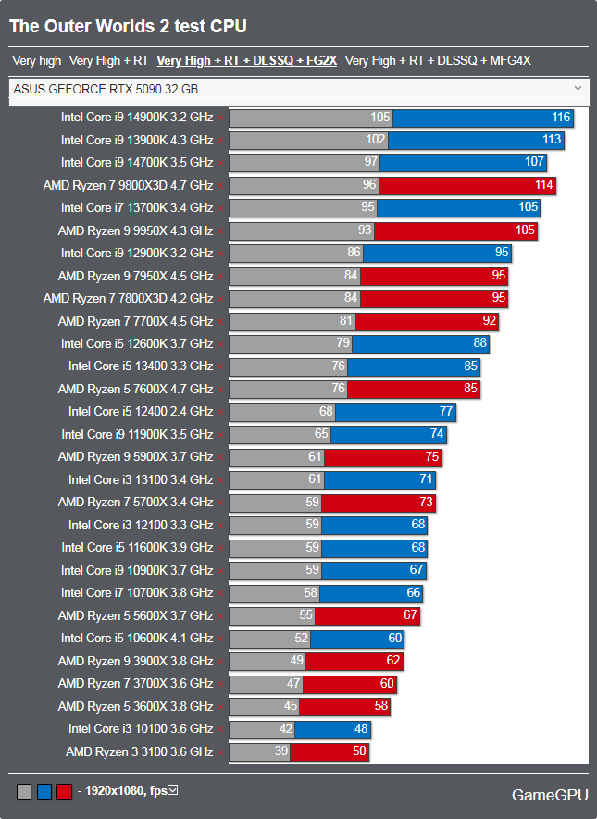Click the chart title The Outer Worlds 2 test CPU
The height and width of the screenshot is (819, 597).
(x=128, y=27)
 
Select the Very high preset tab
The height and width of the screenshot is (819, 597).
(x=36, y=61)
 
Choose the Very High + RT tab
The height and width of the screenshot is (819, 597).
(x=108, y=61)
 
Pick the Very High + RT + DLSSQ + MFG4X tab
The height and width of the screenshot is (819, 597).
(x=437, y=61)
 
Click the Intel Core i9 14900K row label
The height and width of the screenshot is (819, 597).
(x=137, y=118)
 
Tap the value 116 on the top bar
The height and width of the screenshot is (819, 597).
(x=560, y=118)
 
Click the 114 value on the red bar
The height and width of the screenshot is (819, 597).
(x=543, y=185)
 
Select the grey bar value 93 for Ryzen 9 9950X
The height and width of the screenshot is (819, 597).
(x=364, y=230)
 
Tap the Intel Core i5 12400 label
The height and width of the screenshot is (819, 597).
(x=141, y=412)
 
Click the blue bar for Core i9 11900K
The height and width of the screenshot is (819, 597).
(x=389, y=434)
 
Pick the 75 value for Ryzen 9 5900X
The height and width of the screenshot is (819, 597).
(x=430, y=457)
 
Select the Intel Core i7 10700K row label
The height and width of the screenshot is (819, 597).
(x=137, y=593)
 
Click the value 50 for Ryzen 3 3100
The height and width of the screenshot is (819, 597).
(x=359, y=752)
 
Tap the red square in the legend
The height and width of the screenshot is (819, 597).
(x=64, y=792)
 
